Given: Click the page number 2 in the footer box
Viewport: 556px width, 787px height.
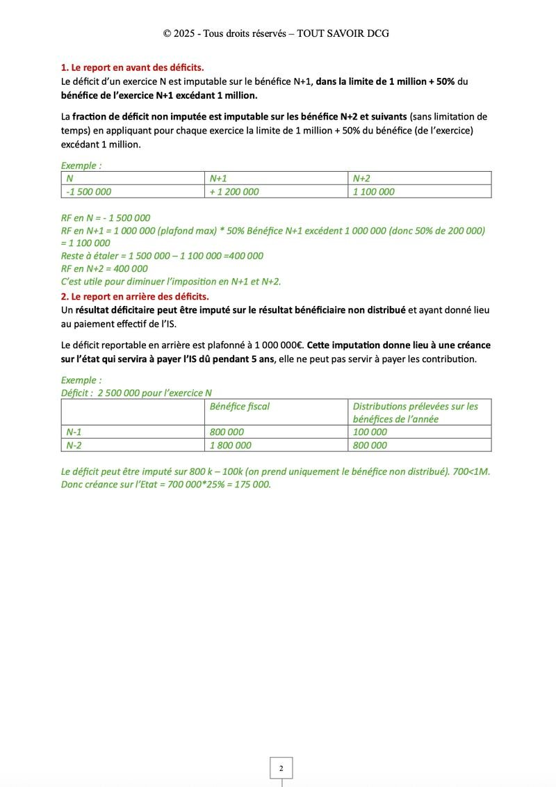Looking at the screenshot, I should coord(281,768).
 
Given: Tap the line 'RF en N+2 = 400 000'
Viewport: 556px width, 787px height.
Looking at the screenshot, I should coord(104,268).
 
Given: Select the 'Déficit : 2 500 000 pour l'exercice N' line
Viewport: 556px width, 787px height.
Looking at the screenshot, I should coord(136,393).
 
